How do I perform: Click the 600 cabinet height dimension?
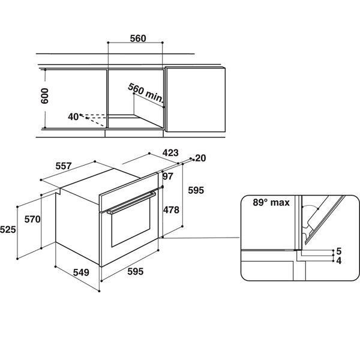(45, 96)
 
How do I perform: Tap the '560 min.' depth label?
(146, 93)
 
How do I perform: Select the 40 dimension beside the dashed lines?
(73, 117)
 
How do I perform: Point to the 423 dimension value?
(170, 152)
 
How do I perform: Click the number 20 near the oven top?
(200, 158)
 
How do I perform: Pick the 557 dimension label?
(64, 166)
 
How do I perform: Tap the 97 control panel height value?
(168, 176)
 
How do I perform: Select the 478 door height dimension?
(171, 210)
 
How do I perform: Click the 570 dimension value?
(32, 219)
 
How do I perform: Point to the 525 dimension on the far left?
(8, 230)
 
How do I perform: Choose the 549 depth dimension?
(81, 272)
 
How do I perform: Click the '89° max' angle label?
(271, 203)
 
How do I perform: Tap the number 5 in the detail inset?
(339, 251)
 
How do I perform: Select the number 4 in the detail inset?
(339, 261)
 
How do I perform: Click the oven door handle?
(131, 203)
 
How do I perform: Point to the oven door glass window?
(131, 222)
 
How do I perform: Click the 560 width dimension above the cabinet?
(138, 38)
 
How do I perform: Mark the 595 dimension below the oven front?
(136, 272)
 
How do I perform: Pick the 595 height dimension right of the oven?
(196, 190)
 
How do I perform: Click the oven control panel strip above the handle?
(128, 191)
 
